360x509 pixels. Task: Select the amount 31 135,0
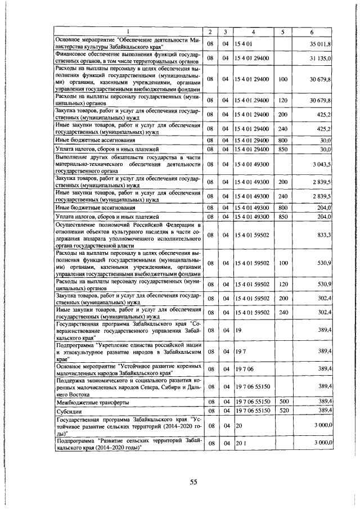[x=321, y=58]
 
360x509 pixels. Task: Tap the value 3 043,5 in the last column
[x=322, y=164]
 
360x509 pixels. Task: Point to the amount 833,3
[x=323, y=234]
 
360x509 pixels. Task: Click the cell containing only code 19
[x=239, y=331]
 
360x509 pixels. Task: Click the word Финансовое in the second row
[x=73, y=54]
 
